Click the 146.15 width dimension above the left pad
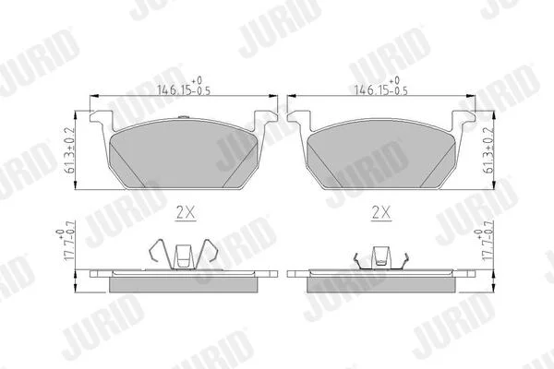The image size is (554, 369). pyautogui.click(x=184, y=87)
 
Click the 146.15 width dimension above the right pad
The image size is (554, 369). pyautogui.click(x=380, y=87)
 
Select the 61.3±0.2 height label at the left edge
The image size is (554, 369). pyautogui.click(x=70, y=150)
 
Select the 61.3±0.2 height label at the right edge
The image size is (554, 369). pyautogui.click(x=488, y=150)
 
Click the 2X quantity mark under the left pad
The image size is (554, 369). pyautogui.click(x=186, y=212)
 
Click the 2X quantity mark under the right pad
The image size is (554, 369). pyautogui.click(x=381, y=212)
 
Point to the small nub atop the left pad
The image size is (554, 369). pyautogui.click(x=183, y=117)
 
